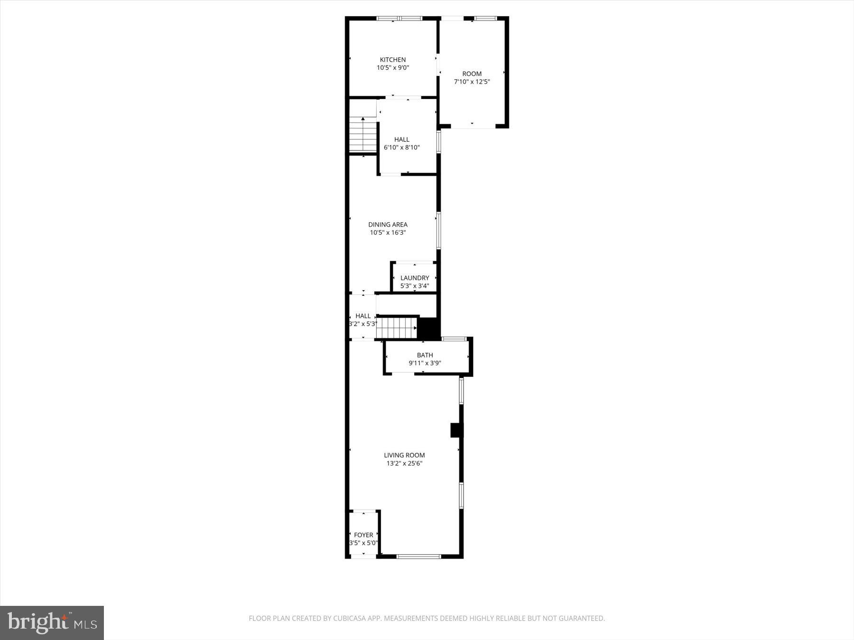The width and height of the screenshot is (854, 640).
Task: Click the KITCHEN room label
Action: (x=392, y=60)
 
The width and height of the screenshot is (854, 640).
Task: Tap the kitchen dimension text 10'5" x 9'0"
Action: (x=392, y=68)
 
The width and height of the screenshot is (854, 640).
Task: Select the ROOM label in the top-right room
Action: (x=472, y=73)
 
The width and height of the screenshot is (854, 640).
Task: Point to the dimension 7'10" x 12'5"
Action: (x=472, y=82)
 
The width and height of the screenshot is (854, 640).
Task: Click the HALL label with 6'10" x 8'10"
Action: (x=401, y=139)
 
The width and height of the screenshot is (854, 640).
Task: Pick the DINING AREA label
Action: (x=388, y=225)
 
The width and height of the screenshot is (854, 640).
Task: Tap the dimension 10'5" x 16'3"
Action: (x=388, y=233)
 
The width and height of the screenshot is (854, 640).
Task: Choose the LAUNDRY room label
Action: (x=414, y=278)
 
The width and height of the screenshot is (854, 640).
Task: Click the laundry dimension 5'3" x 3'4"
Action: (x=414, y=286)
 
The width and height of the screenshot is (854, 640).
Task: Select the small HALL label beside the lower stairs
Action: (x=363, y=316)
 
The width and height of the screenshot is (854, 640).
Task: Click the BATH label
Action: (x=425, y=355)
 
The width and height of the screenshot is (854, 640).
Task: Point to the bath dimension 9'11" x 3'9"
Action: (x=425, y=363)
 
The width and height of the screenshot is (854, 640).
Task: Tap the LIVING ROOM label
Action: (x=404, y=455)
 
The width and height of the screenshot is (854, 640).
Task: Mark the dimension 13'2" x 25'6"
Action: (x=404, y=463)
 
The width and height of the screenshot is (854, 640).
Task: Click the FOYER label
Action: (x=363, y=535)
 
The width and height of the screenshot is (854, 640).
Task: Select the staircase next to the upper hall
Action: (x=363, y=136)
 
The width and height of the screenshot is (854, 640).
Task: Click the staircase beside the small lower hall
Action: (x=396, y=328)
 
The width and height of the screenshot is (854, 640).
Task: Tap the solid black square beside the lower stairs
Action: (x=429, y=328)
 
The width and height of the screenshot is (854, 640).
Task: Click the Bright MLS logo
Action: (x=52, y=622)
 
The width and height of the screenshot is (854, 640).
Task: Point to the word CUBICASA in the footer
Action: (x=352, y=618)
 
